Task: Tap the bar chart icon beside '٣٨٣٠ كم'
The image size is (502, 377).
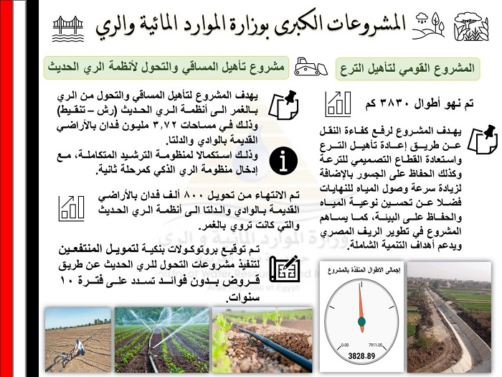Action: coord(338,103)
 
